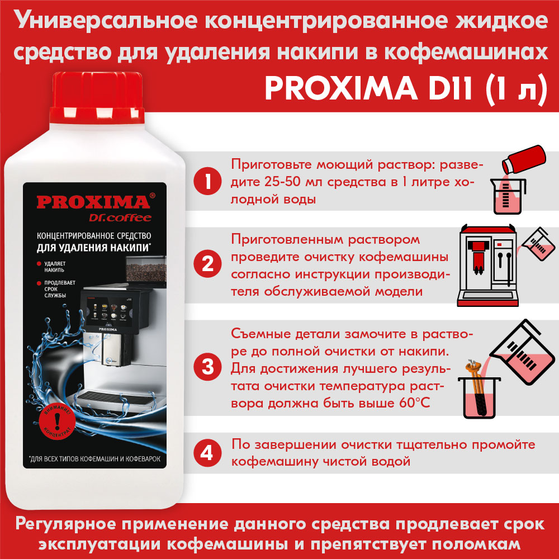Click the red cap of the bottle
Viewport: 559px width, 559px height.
97,98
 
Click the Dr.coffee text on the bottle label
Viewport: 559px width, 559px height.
120,217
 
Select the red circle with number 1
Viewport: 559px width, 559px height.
207,181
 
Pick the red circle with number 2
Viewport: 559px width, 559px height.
207,264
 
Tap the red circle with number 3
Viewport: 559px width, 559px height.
207,367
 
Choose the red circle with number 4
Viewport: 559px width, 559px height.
207,453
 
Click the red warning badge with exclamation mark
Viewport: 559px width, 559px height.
57,423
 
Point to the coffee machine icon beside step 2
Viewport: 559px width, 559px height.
487,265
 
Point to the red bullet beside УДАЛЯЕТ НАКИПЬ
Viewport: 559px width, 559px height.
39,264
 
